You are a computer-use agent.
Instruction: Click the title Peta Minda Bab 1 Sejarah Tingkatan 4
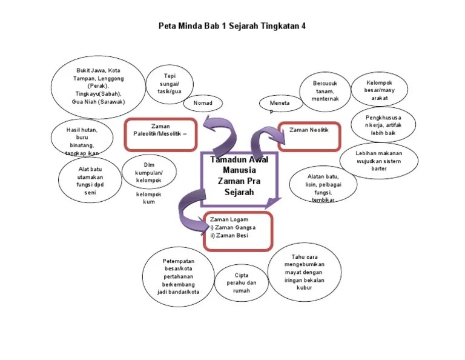point(232,26)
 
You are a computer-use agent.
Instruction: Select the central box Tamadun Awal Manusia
point(239,175)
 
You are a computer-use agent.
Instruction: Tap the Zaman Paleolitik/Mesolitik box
point(160,133)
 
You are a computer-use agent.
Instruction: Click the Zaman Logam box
point(237,230)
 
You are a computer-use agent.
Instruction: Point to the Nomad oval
point(203,103)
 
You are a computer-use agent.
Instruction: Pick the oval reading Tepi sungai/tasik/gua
point(169,84)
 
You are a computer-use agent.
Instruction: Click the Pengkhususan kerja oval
point(383,124)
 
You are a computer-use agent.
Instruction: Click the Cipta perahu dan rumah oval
point(242,282)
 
